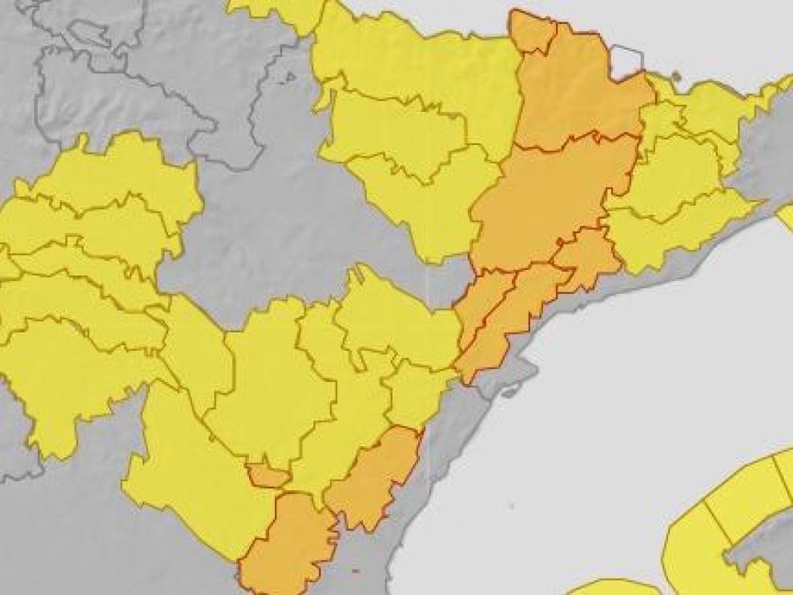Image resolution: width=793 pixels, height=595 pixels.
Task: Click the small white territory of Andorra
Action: coord(626,61)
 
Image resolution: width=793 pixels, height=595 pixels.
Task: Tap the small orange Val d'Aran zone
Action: coord(533,33)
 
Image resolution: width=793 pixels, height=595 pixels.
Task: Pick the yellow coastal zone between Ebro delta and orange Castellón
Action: coord(417,392)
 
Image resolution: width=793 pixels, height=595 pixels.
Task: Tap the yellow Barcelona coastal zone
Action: coord(673,232)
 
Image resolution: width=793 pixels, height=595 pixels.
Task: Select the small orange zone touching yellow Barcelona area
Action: coord(589,256)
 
